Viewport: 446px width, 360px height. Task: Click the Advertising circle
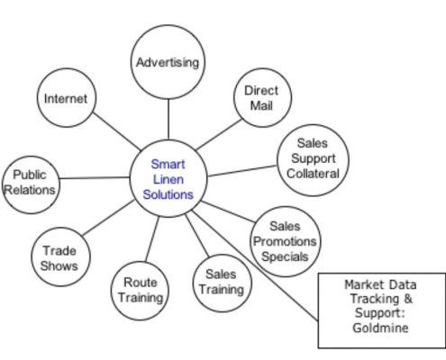click(168, 62)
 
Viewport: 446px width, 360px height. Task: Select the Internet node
click(67, 98)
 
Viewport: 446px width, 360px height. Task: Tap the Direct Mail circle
click(262, 98)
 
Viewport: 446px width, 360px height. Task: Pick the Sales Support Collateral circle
click(313, 160)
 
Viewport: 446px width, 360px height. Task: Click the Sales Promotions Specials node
click(285, 241)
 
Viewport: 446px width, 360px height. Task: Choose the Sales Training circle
click(222, 283)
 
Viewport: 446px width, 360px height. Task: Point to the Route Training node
click(140, 291)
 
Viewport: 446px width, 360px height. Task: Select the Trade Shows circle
click(60, 257)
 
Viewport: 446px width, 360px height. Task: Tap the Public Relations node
click(31, 184)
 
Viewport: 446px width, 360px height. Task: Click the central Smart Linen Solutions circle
click(168, 178)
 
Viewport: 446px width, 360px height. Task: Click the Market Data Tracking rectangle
click(382, 310)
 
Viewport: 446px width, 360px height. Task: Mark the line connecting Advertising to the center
click(168, 120)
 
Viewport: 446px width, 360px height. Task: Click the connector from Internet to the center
click(116, 131)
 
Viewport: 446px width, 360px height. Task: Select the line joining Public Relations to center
click(95, 178)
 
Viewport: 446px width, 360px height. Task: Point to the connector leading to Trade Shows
click(108, 218)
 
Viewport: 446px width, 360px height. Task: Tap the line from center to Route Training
click(152, 238)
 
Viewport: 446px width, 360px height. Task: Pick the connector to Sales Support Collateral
click(242, 171)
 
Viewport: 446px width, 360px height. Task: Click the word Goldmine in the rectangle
click(380, 328)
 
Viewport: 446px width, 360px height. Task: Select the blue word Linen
click(168, 179)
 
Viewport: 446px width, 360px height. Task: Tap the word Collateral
click(313, 174)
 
